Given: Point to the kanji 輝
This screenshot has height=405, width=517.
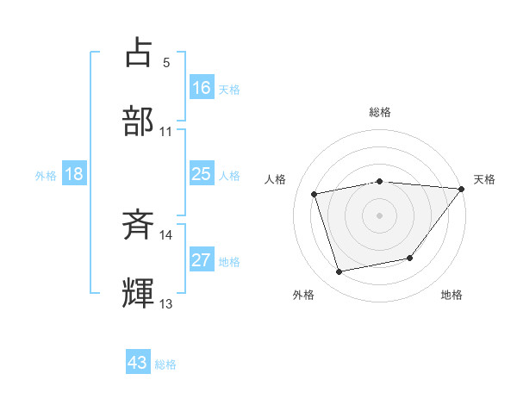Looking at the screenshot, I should [x=139, y=293].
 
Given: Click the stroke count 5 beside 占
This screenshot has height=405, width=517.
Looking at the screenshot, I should [x=166, y=63].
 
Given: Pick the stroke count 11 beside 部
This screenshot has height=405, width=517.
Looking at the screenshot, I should [x=166, y=132].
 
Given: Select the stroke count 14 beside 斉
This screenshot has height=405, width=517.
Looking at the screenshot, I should [x=166, y=235].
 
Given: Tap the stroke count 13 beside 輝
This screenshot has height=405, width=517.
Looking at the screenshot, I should [x=166, y=304].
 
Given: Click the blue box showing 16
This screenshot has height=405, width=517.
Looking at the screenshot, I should [x=202, y=88].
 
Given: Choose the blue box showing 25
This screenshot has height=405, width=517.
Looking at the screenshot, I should [x=202, y=174].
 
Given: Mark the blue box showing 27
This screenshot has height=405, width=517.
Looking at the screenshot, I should [x=202, y=260].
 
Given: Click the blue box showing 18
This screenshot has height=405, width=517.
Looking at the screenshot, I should [x=74, y=174].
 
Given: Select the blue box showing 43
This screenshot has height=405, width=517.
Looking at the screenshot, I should [x=138, y=363].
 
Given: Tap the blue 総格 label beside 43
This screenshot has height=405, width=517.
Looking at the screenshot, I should [x=165, y=364].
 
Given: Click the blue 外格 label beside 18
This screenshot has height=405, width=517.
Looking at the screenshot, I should [x=46, y=176].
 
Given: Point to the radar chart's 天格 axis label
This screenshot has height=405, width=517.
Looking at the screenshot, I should [x=484, y=179].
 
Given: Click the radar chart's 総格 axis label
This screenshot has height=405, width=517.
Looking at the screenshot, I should [x=380, y=112].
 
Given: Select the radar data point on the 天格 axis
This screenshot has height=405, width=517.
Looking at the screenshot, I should [x=462, y=189].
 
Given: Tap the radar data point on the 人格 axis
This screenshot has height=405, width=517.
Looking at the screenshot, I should [x=315, y=194].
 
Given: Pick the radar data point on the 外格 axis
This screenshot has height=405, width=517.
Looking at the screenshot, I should [x=339, y=272].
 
